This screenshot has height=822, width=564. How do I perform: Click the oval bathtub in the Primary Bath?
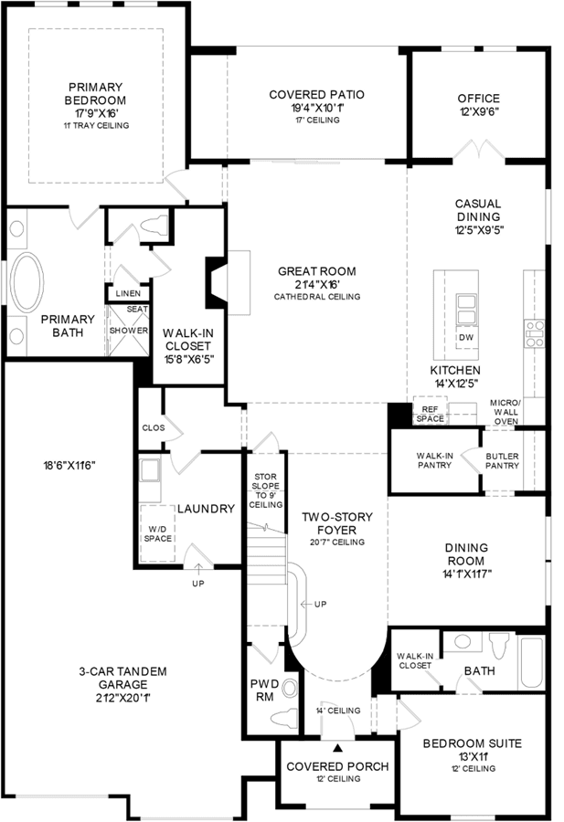point(27,283)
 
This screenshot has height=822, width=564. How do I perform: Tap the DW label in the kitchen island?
point(466,337)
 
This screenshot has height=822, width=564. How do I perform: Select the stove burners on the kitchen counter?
point(535,333)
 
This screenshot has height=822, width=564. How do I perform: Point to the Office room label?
point(478,98)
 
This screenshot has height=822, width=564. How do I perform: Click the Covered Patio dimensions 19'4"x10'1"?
point(316,108)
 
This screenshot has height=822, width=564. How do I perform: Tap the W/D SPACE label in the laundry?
point(158,533)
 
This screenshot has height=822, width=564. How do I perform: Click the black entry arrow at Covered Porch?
point(338,748)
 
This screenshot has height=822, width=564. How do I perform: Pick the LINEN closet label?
point(128,293)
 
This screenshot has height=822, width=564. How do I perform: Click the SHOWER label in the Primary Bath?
point(129,331)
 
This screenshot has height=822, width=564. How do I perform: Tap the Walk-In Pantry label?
point(434,460)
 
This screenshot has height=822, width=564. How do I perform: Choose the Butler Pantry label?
point(502,461)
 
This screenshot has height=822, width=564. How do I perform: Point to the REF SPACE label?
point(430,414)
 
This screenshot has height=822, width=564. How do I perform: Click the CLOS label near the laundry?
point(154,427)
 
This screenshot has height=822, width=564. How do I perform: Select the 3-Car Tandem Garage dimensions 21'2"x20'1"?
point(123,698)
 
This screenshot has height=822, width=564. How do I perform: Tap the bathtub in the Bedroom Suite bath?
point(532,661)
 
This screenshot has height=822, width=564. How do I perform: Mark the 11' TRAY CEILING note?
point(97,125)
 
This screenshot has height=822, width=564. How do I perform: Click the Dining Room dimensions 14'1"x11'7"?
point(466,574)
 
